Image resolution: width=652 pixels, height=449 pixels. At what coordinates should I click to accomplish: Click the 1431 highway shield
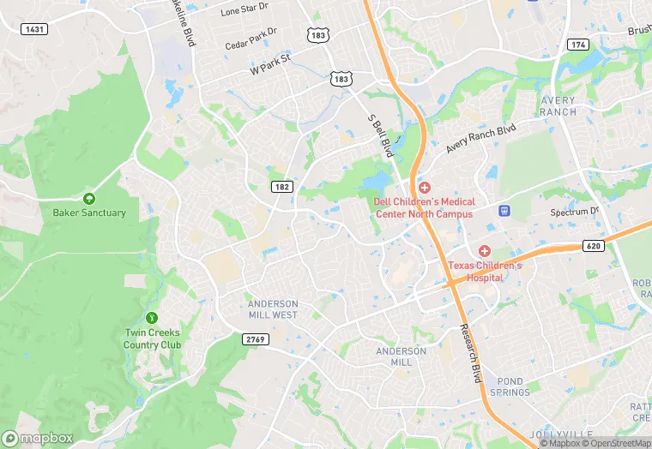[35, 29]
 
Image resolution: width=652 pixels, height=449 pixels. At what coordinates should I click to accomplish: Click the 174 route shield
[578, 44]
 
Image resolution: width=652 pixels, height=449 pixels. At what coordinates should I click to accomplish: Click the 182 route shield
[282, 186]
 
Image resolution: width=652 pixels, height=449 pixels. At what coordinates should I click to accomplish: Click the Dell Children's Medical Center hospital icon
[424, 188]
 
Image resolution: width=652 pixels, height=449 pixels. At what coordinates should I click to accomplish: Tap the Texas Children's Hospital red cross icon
[485, 250]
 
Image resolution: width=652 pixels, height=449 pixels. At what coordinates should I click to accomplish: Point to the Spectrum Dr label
[575, 211]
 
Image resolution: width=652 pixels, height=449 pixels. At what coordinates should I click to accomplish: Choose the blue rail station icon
[504, 210]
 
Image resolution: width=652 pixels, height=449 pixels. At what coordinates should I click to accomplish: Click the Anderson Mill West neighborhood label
[273, 309]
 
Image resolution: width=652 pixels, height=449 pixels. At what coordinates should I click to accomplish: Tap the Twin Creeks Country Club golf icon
[153, 318]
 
